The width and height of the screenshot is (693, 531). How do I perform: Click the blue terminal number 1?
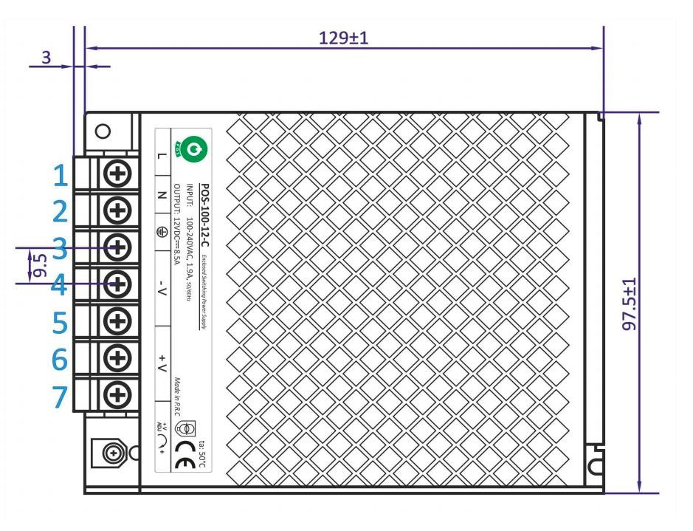coord(62,176)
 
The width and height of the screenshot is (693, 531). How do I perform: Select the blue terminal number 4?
coord(61,285)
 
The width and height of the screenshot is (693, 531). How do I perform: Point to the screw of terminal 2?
coord(117,210)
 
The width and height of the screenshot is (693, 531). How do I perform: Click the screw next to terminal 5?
coord(117,321)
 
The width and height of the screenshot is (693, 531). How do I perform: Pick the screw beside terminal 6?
coord(117,357)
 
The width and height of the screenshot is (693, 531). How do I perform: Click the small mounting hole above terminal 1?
coord(103,131)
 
